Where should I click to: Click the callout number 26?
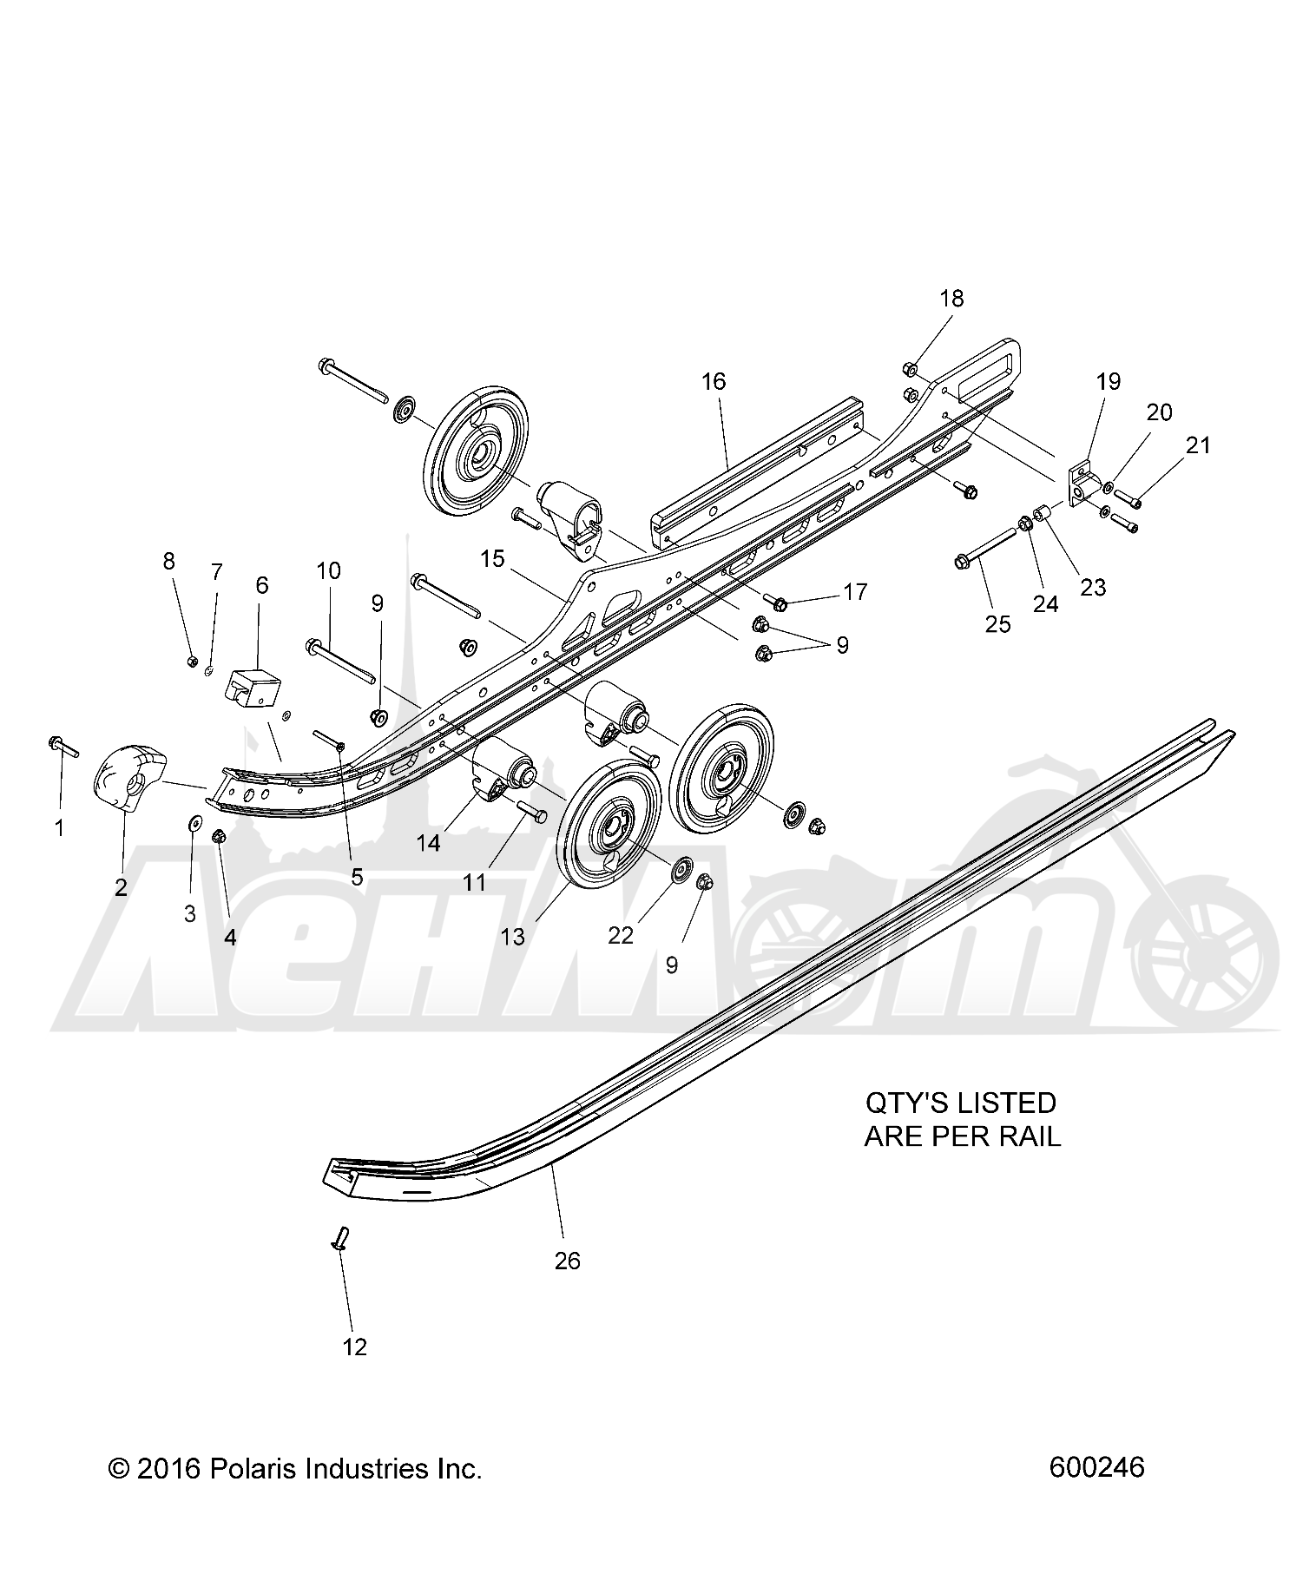pos(567,1260)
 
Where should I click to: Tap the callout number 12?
pos(355,1347)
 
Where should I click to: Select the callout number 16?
pos(714,381)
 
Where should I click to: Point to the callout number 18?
pos(951,299)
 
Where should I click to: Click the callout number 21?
pos(1198,445)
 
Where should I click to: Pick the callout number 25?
pos(998,624)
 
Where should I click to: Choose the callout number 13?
pos(513,937)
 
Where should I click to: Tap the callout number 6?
pos(261,585)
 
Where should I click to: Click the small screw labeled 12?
pos(340,1239)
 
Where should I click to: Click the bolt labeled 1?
pos(64,746)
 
